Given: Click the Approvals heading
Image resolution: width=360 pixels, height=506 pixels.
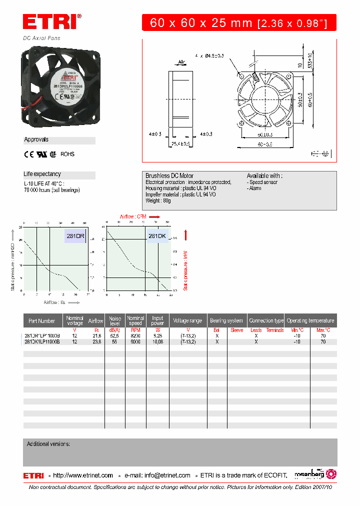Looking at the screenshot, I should pos(36,140).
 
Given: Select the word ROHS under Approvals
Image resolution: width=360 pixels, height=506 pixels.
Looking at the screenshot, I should pos(67,154).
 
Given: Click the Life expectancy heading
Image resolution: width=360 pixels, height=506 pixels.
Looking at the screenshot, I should pos(42,174).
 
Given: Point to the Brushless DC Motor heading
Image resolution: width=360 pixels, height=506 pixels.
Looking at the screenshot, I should pos(169,176).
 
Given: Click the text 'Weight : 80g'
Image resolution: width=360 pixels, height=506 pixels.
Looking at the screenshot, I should pos(158,200).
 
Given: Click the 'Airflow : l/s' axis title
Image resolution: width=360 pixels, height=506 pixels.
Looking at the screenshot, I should pos(55,302).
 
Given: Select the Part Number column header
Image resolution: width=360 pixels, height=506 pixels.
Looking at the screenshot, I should pos(42,321).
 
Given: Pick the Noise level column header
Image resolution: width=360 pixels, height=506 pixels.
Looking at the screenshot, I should pos(115,321).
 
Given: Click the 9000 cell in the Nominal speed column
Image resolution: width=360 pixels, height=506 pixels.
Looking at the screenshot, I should pos(135,342).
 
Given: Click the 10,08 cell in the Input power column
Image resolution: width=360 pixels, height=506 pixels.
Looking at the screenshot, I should pos(157,342).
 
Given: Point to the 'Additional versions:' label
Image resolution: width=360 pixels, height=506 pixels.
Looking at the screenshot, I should pos(48,444).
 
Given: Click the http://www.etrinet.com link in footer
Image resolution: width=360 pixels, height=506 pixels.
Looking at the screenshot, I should pos(83,475).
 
